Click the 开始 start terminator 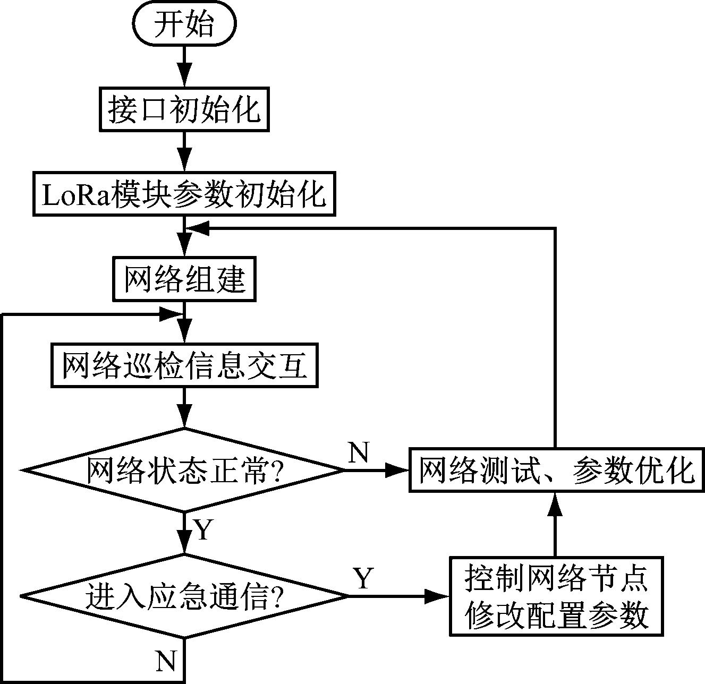coord(184,24)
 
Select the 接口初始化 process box coord(184,110)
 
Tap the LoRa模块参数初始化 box coord(184,194)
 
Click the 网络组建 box coord(184,279)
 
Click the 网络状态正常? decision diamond coord(184,471)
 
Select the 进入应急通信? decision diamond coord(184,596)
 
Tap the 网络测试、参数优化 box coord(556,471)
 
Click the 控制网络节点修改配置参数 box coord(556,596)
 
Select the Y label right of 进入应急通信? coord(363,578)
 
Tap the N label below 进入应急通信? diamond coord(166,661)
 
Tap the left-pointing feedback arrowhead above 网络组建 coord(198,228)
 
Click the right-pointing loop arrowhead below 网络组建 coord(171,314)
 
